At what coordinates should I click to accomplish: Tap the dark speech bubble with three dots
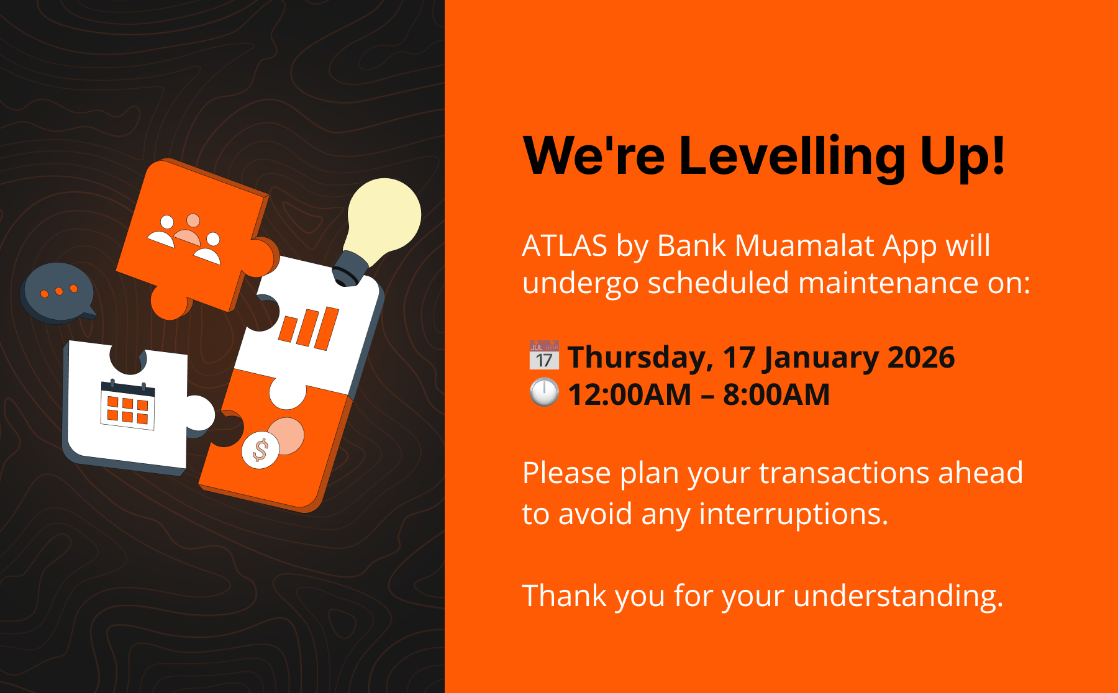click(58, 292)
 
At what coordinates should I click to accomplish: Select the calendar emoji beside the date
click(544, 355)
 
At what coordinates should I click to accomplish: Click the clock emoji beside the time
click(544, 392)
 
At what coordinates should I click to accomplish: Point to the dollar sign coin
click(260, 450)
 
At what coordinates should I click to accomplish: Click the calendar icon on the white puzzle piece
click(128, 404)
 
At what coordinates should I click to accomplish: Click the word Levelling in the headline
click(792, 156)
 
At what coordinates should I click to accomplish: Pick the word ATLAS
click(565, 245)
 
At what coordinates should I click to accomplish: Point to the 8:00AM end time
click(776, 394)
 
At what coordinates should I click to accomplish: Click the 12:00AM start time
click(630, 394)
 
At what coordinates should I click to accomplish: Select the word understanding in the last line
click(898, 596)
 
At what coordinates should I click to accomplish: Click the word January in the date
click(820, 358)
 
